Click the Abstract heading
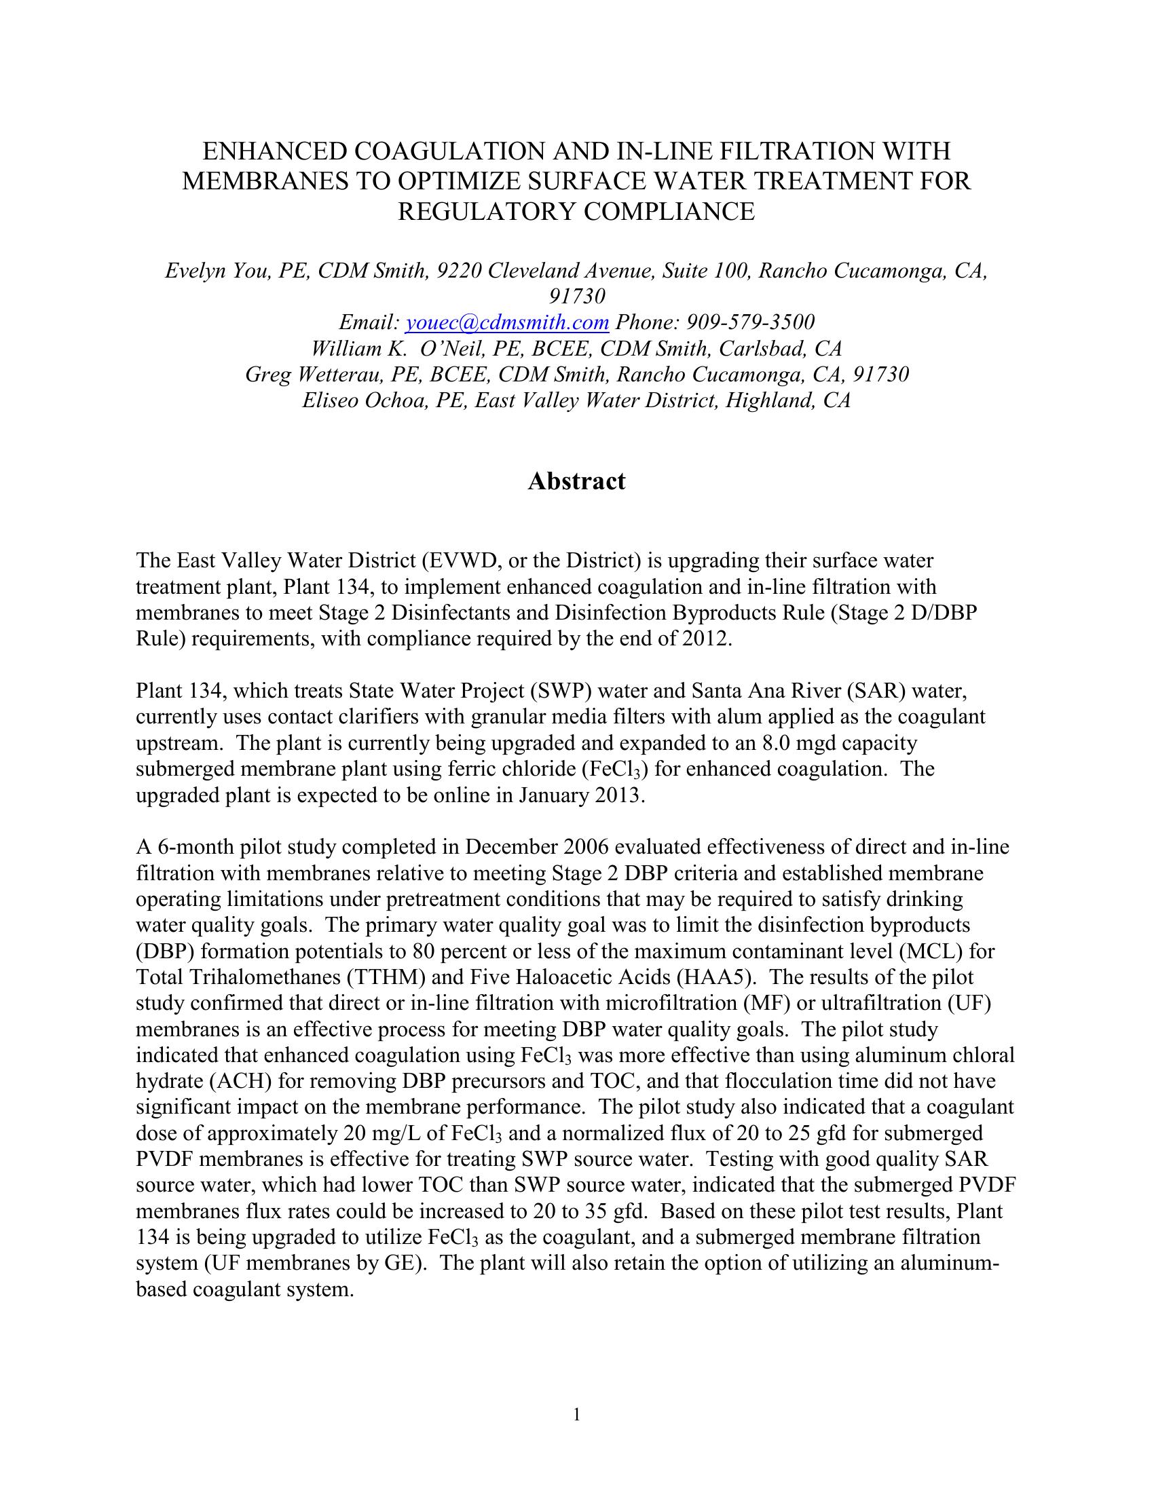click(576, 481)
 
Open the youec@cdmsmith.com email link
click(506, 322)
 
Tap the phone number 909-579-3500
click(750, 322)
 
